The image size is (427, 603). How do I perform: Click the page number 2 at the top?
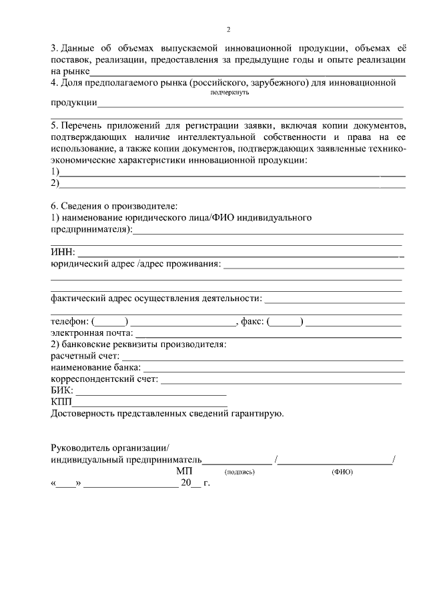228,30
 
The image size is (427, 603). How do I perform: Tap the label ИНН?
63,253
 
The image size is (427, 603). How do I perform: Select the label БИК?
62,390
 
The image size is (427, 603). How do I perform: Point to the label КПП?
62,402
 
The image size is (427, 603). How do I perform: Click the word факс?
252,322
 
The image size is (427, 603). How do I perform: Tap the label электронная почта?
92,333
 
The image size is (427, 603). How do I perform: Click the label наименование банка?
95,368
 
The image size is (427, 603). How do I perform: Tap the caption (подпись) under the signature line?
240,472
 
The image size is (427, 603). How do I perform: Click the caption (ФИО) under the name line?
342,472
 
